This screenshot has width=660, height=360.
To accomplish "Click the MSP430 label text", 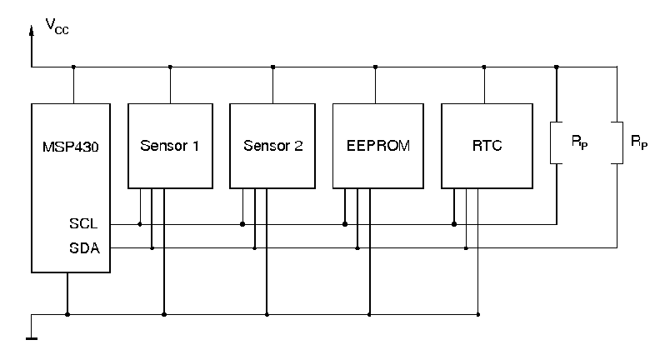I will pyautogui.click(x=71, y=146).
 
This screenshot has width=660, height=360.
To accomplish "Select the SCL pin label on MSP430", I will pyautogui.click(x=85, y=224).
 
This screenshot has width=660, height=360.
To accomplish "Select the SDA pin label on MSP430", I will pyautogui.click(x=85, y=247).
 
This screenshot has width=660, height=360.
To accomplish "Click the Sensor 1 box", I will pyautogui.click(x=169, y=146).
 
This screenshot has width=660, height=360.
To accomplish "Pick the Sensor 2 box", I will pyautogui.click(x=272, y=146).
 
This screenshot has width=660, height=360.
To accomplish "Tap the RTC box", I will pyautogui.click(x=487, y=146).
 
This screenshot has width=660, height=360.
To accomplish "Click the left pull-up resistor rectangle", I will pyautogui.click(x=557, y=142).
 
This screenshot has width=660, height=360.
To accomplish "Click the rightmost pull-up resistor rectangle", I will pyautogui.click(x=617, y=142).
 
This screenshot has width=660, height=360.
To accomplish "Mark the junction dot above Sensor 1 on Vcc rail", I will pyautogui.click(x=170, y=67).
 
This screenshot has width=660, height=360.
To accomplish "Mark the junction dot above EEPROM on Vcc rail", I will pyautogui.click(x=376, y=67).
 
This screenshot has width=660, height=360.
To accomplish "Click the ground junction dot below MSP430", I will pyautogui.click(x=67, y=314).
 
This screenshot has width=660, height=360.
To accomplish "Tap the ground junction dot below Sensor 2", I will pyautogui.click(x=267, y=314).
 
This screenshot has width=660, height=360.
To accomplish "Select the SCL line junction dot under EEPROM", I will pyautogui.click(x=344, y=224).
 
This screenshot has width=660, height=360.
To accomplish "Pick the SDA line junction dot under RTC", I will pyautogui.click(x=466, y=247).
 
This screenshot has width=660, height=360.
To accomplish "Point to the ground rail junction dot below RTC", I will pyautogui.click(x=478, y=314).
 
